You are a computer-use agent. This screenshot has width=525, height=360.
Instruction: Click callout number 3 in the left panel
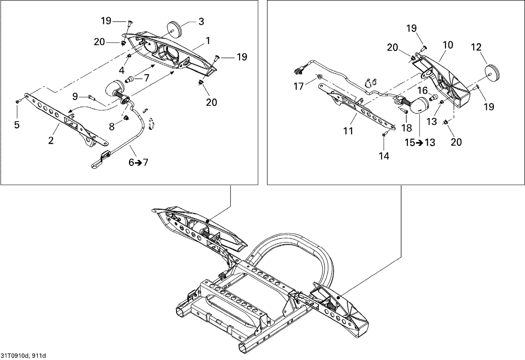pyautogui.click(x=201, y=21)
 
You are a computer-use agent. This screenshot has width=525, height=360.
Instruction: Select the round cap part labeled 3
pyautogui.click(x=174, y=28)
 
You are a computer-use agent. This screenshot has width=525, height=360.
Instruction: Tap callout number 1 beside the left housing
pyautogui.click(x=208, y=41)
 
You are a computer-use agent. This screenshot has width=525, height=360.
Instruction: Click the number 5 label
pyautogui.click(x=17, y=124)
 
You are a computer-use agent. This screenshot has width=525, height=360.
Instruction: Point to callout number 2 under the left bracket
pyautogui.click(x=51, y=141)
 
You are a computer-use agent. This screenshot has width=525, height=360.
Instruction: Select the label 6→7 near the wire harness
pyautogui.click(x=138, y=162)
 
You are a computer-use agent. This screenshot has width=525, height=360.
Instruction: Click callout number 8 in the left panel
pyautogui.click(x=112, y=127)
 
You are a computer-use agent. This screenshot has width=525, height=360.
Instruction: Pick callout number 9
pyautogui.click(x=75, y=95)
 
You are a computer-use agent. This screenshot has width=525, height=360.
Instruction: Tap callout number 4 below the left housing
pyautogui.click(x=121, y=70)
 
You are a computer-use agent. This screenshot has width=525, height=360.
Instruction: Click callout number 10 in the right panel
pyautogui.click(x=448, y=45)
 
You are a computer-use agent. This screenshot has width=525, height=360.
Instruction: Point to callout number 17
pyautogui.click(x=299, y=86)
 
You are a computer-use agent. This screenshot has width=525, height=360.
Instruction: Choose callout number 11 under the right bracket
pyautogui.click(x=348, y=131)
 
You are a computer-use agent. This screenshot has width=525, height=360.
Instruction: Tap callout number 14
pyautogui.click(x=384, y=156)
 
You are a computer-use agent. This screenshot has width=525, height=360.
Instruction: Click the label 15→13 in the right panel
pyautogui.click(x=420, y=143)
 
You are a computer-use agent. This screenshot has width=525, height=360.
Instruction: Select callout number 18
pyautogui.click(x=407, y=128)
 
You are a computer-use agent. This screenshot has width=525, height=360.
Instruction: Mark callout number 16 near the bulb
pyautogui.click(x=422, y=91)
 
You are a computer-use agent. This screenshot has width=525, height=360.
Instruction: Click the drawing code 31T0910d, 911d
pyautogui.click(x=23, y=356)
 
